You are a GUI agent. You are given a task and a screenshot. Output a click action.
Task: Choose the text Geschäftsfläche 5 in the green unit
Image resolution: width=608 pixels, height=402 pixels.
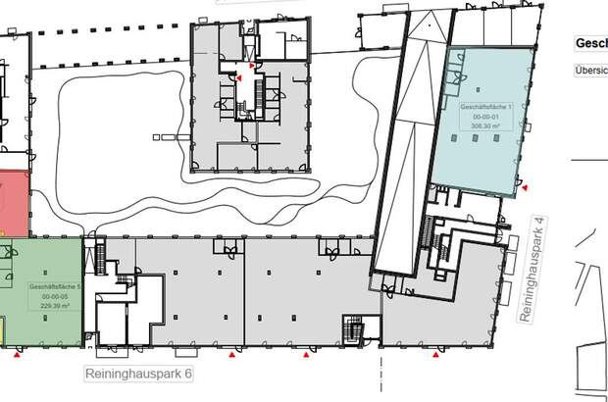[48, 285]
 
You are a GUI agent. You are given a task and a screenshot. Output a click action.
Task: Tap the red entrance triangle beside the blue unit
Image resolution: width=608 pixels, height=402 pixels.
[526, 185]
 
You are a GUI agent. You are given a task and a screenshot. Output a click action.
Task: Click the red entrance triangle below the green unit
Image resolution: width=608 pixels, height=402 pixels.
[16, 357]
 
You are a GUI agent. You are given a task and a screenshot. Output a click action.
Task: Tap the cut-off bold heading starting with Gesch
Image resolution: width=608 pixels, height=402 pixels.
[589, 44]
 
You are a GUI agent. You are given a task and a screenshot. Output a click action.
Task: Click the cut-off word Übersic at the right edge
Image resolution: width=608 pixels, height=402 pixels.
[590, 70]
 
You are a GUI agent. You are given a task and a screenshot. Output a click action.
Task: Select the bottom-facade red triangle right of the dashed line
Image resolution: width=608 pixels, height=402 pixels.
[434, 356]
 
